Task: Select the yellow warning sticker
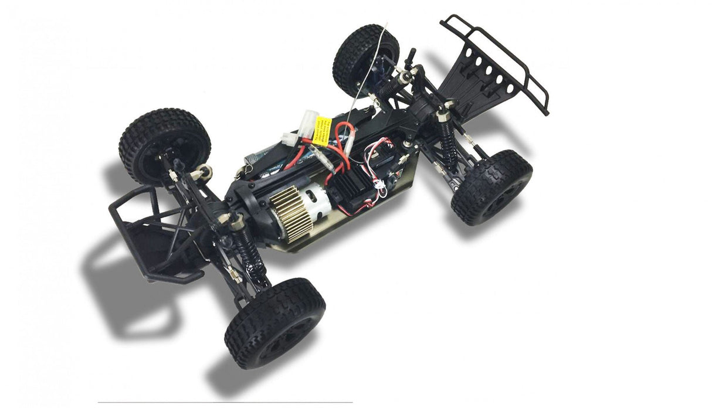click(x=323, y=130)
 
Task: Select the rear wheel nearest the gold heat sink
click(x=275, y=322)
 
